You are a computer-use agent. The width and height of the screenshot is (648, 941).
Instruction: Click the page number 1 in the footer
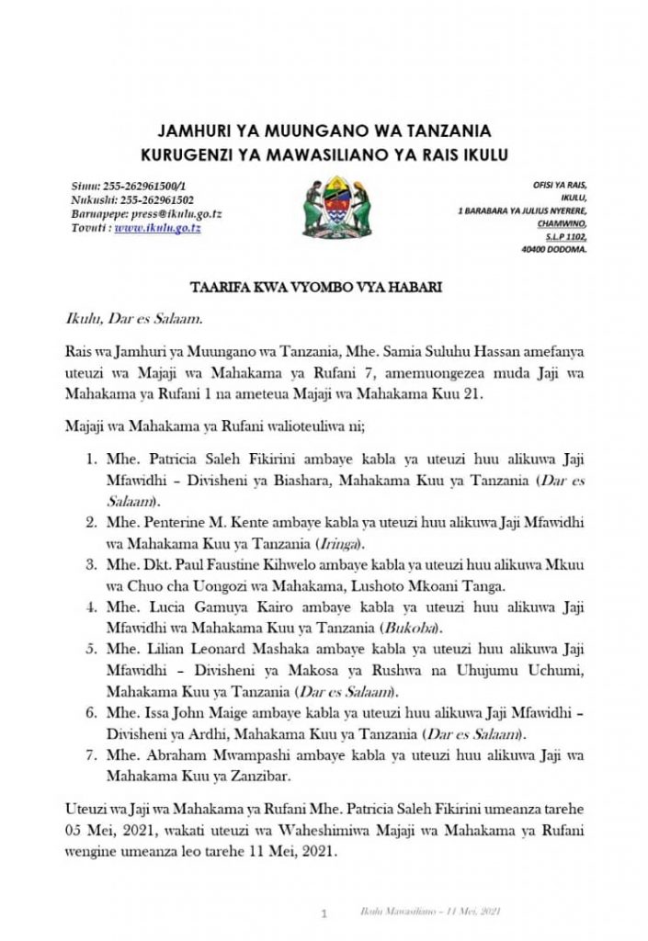(324, 914)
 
